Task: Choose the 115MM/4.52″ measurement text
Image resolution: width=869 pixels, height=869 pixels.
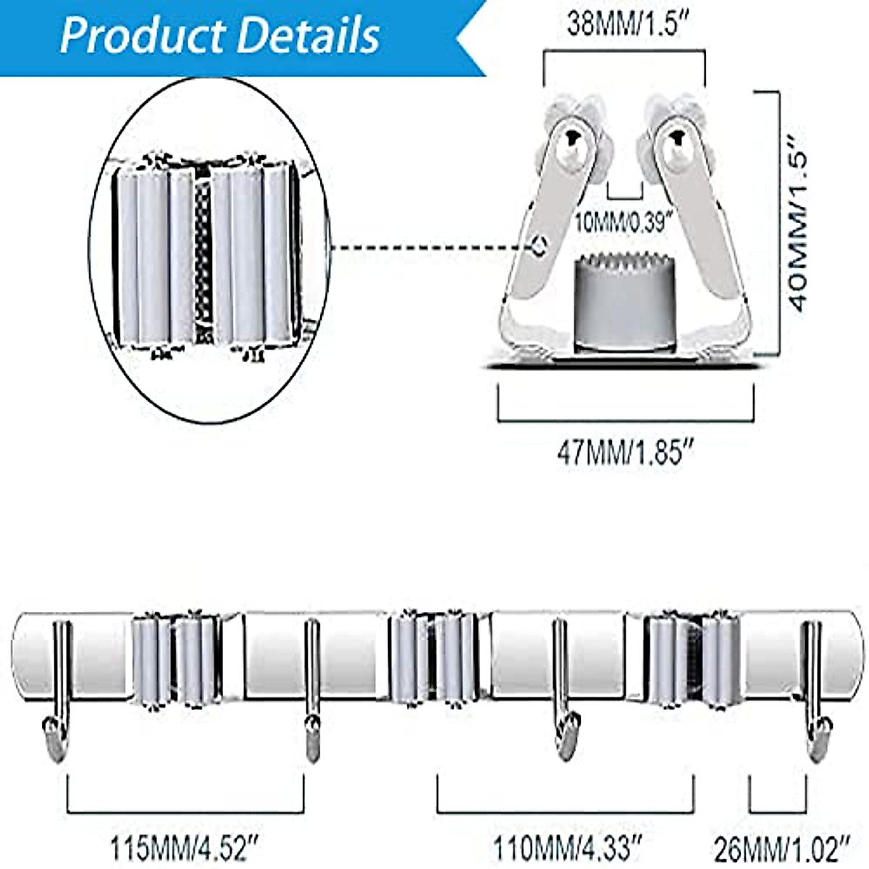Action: coord(184,847)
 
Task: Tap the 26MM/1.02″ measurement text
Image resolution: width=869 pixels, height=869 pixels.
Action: coord(781,847)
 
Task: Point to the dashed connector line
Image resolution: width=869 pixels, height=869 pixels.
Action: coord(431,248)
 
